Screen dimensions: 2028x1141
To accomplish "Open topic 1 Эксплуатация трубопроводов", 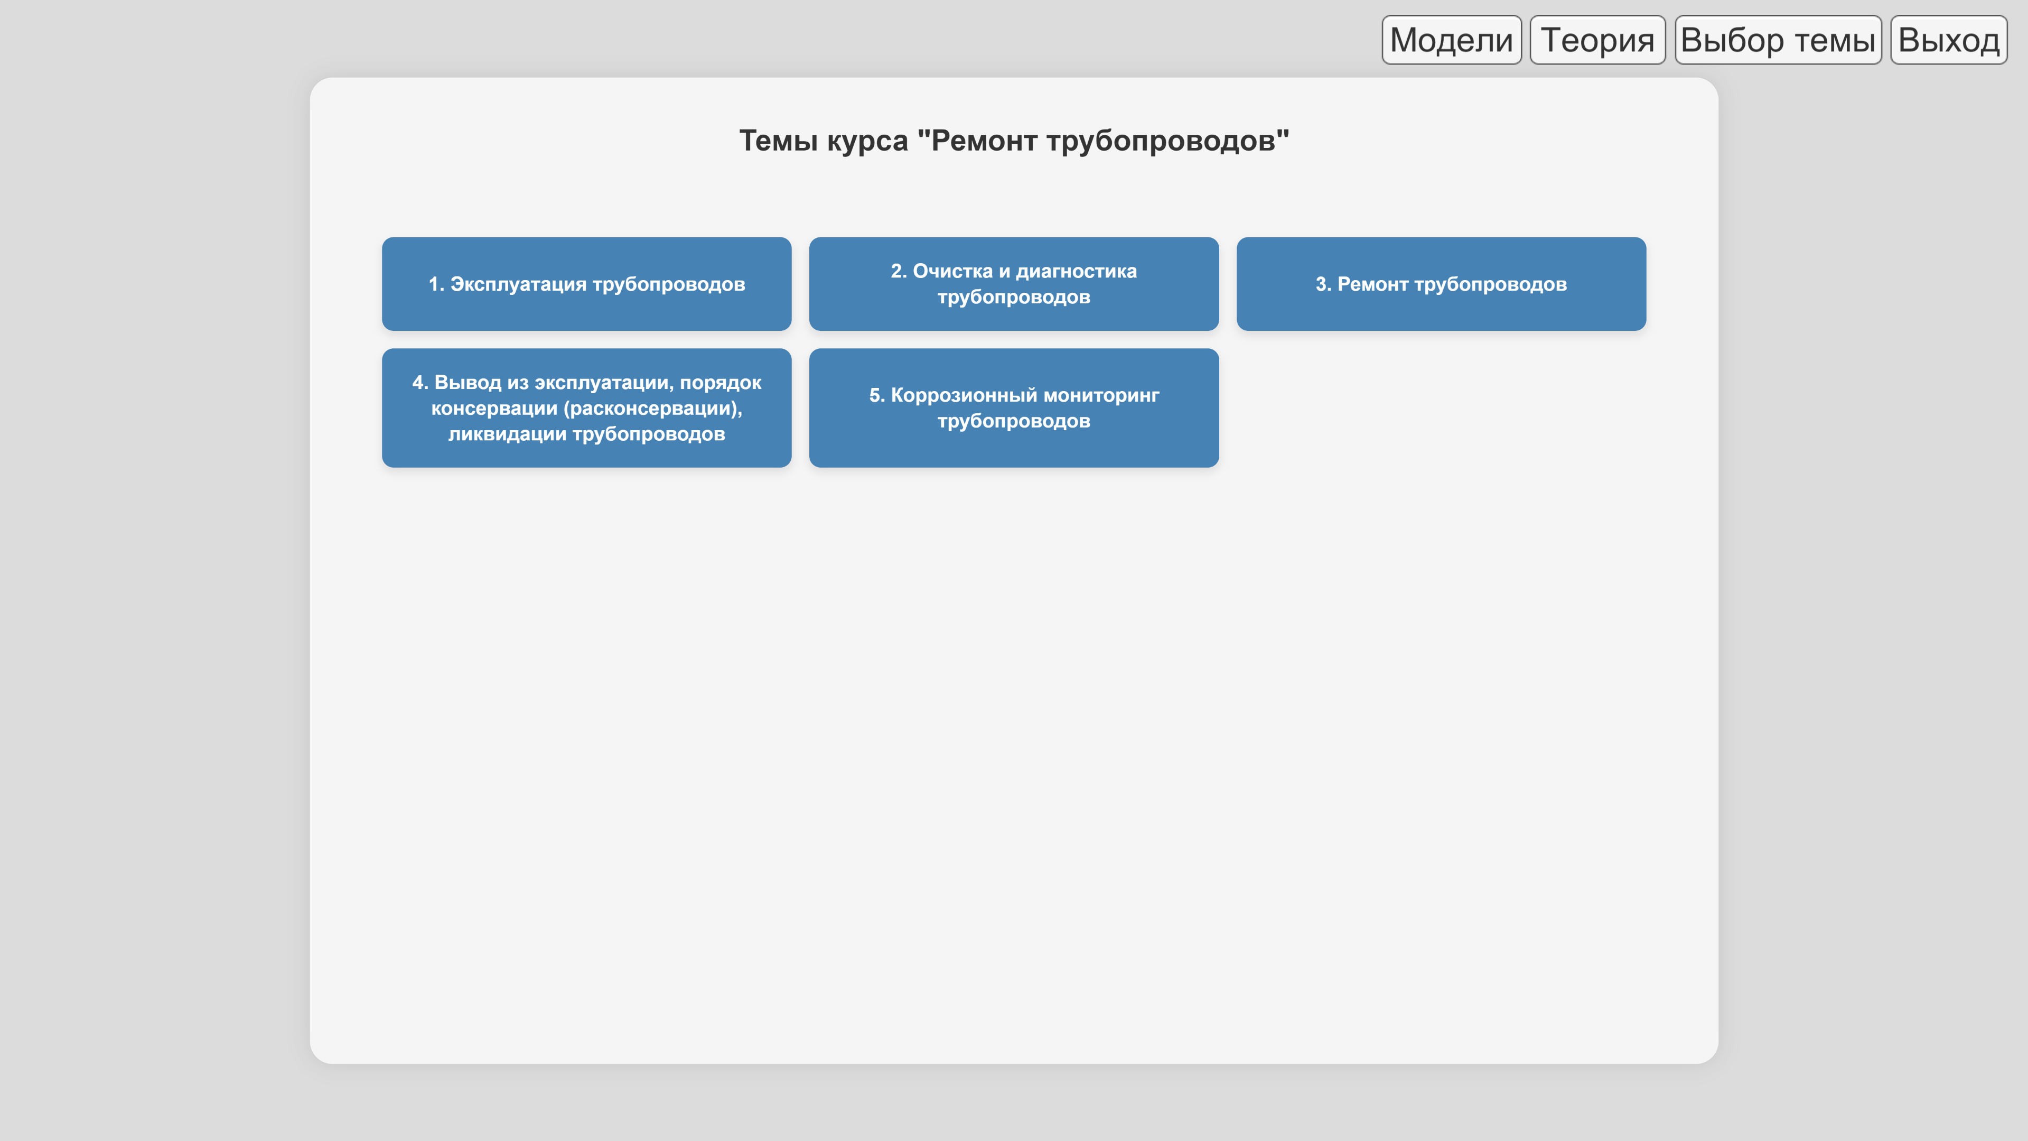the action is click(586, 283).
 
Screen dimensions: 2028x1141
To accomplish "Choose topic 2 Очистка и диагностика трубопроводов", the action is click(1014, 283).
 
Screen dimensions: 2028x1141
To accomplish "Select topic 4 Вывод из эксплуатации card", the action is click(586, 408).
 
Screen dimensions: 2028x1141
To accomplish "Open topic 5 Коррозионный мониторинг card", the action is click(1014, 408).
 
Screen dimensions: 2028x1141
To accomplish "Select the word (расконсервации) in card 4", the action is click(652, 409).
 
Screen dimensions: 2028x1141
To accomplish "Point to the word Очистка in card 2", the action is click(952, 271).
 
